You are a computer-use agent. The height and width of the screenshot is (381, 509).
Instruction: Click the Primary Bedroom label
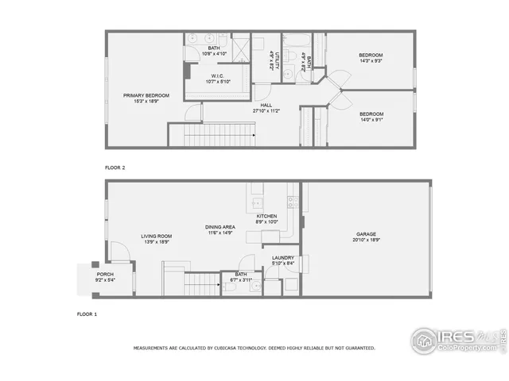146,96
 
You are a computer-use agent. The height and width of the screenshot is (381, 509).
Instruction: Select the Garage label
366,234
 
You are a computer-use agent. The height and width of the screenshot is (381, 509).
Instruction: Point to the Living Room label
157,236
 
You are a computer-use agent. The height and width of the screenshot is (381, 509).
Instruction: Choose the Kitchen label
266,216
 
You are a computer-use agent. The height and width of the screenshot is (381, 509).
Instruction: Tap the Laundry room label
283,257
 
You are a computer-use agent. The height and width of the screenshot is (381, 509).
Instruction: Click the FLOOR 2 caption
115,168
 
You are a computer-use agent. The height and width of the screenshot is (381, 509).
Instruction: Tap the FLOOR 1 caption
87,314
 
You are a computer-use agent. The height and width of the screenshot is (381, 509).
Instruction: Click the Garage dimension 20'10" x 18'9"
366,241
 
